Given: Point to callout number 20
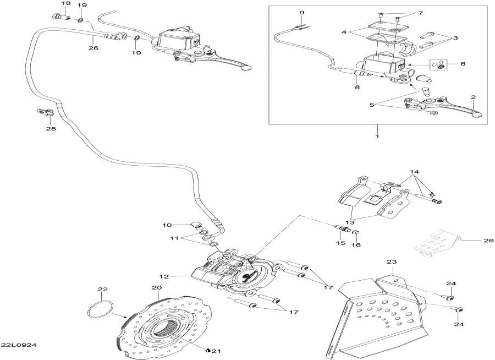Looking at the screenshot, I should [x=156, y=288].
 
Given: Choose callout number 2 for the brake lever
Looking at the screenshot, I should [x=472, y=97].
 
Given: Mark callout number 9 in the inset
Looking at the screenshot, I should [x=302, y=12].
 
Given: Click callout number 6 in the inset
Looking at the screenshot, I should [x=463, y=64].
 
